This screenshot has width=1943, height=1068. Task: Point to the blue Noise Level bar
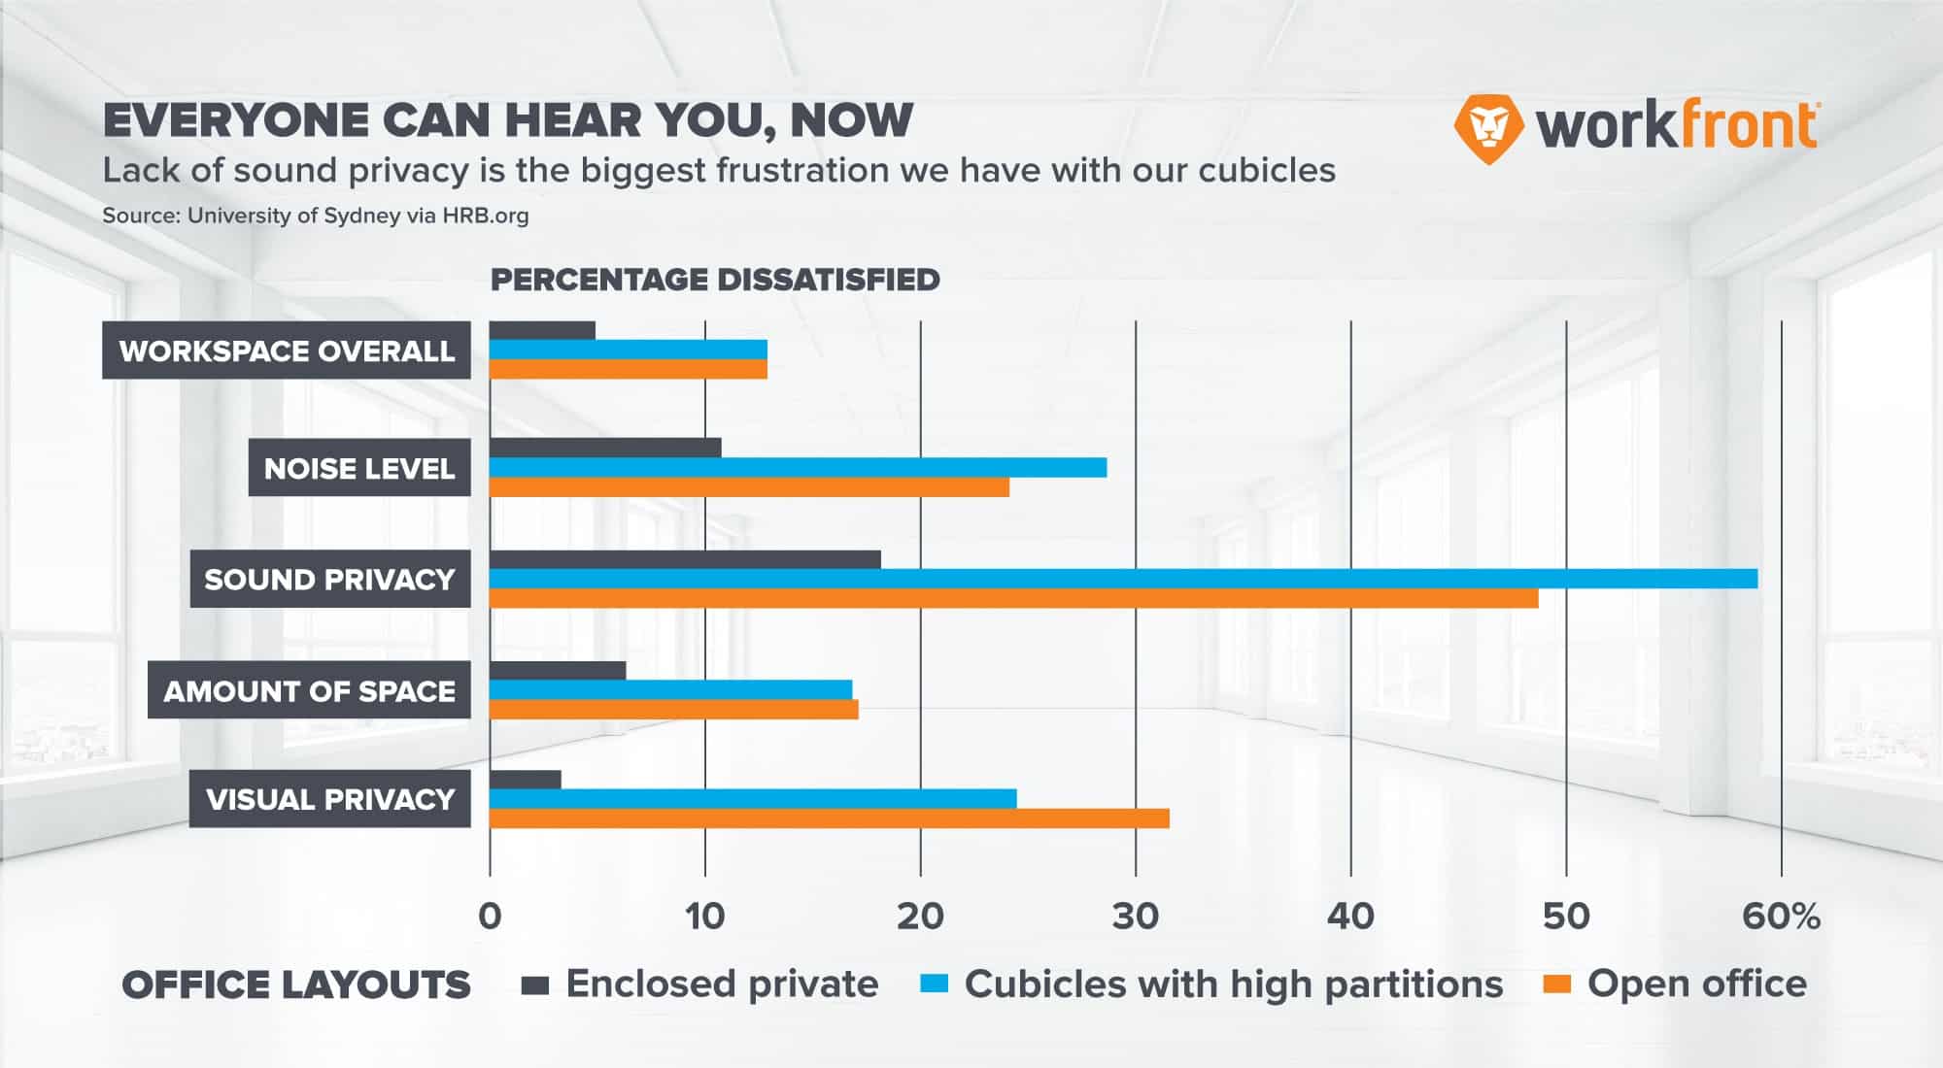[x=798, y=468]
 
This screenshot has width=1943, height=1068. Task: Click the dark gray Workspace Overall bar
[x=542, y=331]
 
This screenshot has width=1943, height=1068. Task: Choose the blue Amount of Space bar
[x=670, y=689]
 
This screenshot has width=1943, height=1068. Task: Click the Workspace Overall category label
[x=287, y=350]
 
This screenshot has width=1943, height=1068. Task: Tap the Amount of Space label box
[x=309, y=690]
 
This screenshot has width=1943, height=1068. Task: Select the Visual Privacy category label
[x=330, y=799]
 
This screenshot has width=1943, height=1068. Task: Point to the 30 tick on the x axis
[x=1135, y=916]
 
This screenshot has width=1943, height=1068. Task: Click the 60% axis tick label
[x=1781, y=916]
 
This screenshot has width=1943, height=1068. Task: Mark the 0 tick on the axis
[x=490, y=916]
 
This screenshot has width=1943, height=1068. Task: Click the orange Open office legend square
[x=1557, y=985]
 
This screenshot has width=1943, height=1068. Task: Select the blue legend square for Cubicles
[x=933, y=985]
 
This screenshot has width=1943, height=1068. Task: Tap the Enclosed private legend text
[x=722, y=984]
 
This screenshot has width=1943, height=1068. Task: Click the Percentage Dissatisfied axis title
[x=715, y=280]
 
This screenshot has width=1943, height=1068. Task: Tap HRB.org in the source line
[x=486, y=216]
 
